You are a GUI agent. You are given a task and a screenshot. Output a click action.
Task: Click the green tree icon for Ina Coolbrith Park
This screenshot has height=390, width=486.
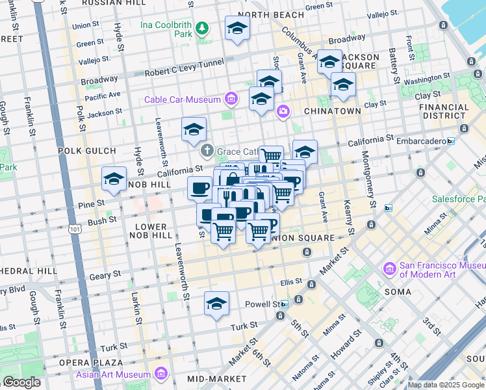[203, 28]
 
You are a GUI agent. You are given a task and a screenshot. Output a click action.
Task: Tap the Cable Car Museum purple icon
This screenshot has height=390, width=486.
[230, 99]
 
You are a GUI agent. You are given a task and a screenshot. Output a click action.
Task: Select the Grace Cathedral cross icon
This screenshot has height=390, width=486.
[207, 151]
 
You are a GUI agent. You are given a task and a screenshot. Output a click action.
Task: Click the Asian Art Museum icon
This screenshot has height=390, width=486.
[160, 374]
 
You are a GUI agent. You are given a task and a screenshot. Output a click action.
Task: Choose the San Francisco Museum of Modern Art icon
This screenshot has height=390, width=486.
[390, 268]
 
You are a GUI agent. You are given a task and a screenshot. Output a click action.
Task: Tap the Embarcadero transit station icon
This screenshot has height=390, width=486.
[450, 140]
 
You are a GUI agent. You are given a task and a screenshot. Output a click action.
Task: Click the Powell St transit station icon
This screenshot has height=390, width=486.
[284, 304]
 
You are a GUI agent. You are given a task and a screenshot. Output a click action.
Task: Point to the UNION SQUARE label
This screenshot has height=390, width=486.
[309, 238]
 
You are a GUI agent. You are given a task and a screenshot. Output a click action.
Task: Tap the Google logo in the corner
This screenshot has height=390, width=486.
[21, 382]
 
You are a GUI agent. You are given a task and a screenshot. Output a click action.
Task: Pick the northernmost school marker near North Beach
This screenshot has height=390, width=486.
[237, 27]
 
